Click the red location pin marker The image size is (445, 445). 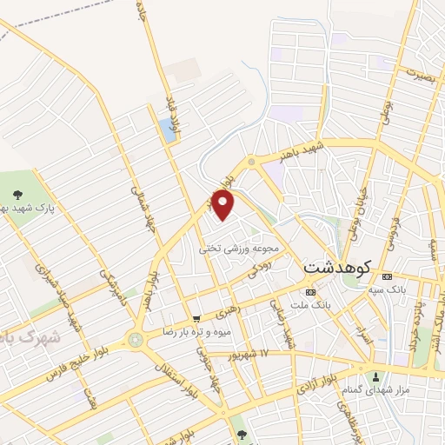(x=223, y=205)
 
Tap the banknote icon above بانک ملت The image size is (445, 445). (x=311, y=291)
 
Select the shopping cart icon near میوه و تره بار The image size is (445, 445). (x=198, y=319)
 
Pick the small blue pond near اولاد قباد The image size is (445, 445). (x=167, y=131)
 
